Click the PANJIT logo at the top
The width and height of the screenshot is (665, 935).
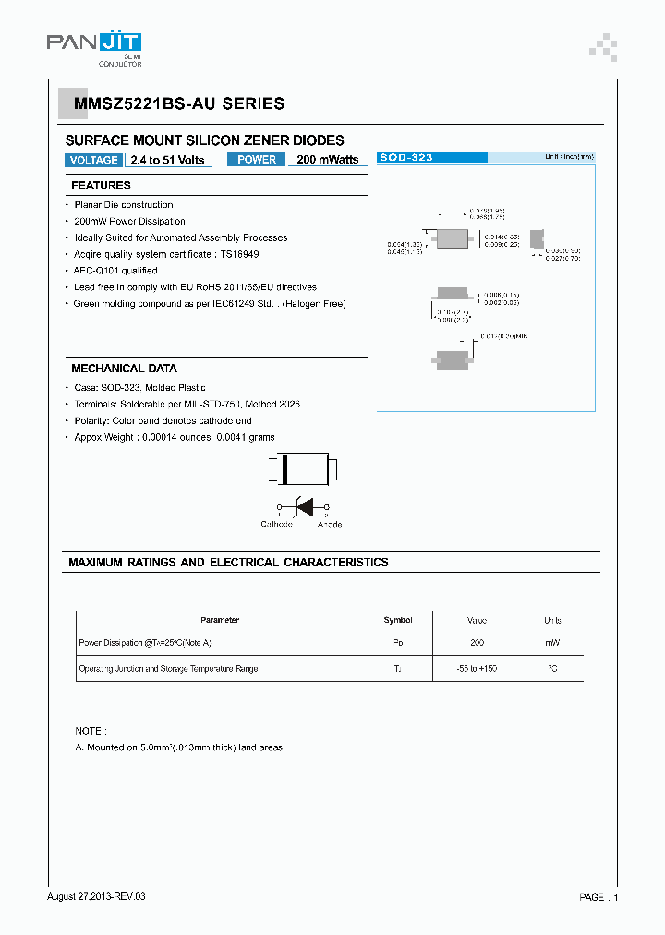tap(93, 43)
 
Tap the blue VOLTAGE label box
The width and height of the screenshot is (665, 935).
tap(93, 160)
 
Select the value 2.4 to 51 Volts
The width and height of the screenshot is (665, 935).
tap(167, 160)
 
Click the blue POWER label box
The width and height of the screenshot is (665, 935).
tap(256, 160)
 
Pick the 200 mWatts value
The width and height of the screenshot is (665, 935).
tap(328, 160)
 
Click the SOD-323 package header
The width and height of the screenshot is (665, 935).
tap(406, 158)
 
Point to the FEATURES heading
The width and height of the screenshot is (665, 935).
tap(101, 186)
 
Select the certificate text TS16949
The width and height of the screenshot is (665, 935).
tap(239, 254)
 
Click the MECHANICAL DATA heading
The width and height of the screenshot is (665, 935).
tap(124, 369)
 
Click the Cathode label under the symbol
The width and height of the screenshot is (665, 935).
tap(276, 524)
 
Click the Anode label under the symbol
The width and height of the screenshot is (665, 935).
tap(330, 524)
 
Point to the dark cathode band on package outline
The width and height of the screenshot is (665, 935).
tap(285, 468)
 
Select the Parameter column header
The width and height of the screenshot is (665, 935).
tap(220, 620)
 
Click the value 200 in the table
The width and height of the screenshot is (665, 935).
tap(477, 642)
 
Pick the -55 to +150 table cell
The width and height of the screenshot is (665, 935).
tap(477, 668)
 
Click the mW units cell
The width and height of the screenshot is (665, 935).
tap(552, 642)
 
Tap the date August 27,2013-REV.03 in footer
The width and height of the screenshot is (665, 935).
tap(96, 897)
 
